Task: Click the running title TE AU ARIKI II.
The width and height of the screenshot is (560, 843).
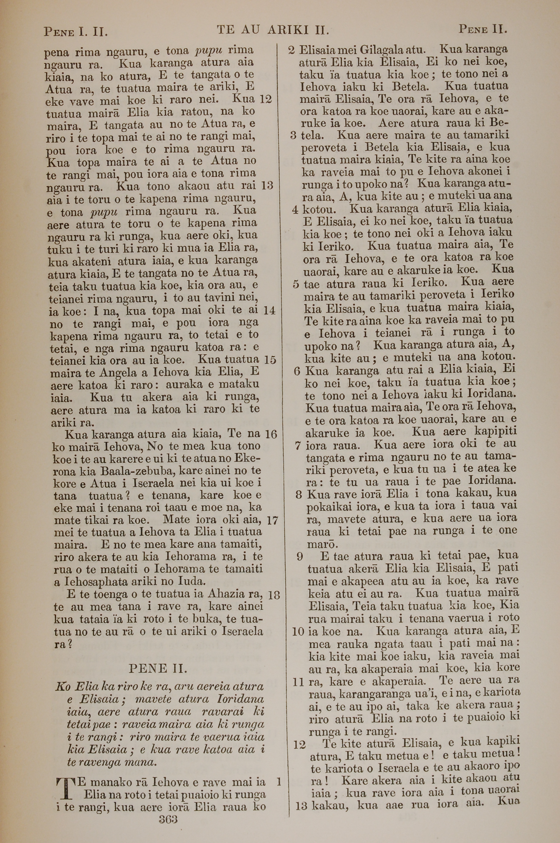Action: pyautogui.click(x=272, y=30)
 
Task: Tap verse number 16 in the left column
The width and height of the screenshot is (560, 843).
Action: pyautogui.click(x=271, y=434)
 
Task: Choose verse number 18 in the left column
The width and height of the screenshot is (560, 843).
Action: pyautogui.click(x=273, y=595)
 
